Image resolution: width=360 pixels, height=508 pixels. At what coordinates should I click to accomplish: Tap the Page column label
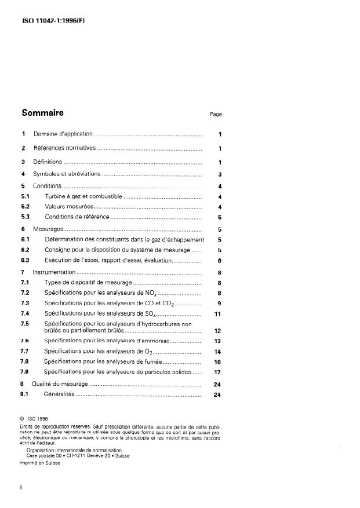(216, 115)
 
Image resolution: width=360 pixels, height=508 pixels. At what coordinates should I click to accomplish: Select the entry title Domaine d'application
(63, 134)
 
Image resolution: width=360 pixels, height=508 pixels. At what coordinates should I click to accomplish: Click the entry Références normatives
(64, 148)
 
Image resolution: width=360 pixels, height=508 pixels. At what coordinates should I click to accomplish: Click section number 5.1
(26, 197)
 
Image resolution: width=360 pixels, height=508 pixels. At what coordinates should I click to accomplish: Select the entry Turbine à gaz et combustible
(83, 197)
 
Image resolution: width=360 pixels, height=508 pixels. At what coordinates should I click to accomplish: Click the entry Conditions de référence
(77, 217)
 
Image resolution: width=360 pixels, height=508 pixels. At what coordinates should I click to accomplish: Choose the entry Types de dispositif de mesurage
(88, 283)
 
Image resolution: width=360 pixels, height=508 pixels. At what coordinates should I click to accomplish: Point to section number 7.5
(25, 324)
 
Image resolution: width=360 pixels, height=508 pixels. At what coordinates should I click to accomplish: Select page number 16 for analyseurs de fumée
(218, 361)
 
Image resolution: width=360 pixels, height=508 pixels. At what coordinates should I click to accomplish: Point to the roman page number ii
(22, 488)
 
